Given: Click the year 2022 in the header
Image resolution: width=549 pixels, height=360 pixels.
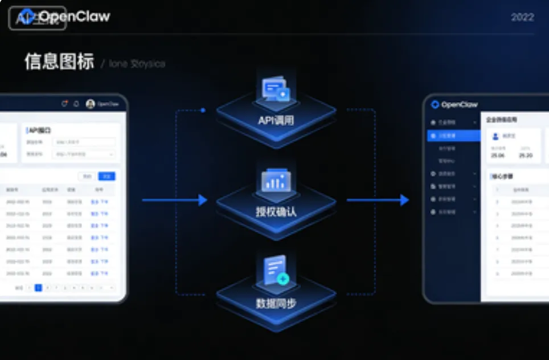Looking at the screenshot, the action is coord(522,17).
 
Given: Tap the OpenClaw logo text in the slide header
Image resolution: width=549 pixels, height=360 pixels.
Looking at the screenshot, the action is coord(73,17).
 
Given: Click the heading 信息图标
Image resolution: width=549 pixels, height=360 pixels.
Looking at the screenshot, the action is coord(59,62).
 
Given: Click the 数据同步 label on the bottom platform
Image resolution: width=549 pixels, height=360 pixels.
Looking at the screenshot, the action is coord(276,303).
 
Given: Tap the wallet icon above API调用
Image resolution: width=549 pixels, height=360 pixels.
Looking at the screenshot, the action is coord(276,90).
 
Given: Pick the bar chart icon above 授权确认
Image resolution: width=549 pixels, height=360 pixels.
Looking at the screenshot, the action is coord(276,181).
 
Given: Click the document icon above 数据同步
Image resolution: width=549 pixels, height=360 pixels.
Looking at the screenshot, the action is coord(276,270).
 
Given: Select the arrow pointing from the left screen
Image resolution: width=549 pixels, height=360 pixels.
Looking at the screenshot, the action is coord(175,200).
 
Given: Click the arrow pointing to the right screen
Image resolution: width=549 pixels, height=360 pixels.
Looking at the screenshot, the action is coord(378,200).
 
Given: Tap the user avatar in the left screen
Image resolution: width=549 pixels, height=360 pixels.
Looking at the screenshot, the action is coord(90,104).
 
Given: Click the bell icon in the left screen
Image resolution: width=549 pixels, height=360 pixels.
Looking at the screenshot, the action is coord(76,104).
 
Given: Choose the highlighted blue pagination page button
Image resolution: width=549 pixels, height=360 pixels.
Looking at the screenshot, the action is coord(38,288).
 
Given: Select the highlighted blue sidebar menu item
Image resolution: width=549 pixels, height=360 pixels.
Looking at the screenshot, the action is coord(454,136).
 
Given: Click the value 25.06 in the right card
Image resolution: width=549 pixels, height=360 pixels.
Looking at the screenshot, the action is coord(498,155).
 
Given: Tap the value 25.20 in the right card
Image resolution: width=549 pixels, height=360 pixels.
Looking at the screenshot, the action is coord(526,155).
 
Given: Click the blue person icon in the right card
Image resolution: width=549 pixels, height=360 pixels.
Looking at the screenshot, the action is coord(495,136).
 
